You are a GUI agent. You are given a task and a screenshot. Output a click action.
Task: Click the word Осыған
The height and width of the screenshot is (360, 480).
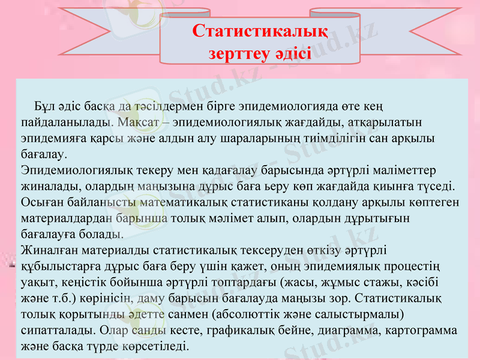click(x=43, y=202)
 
